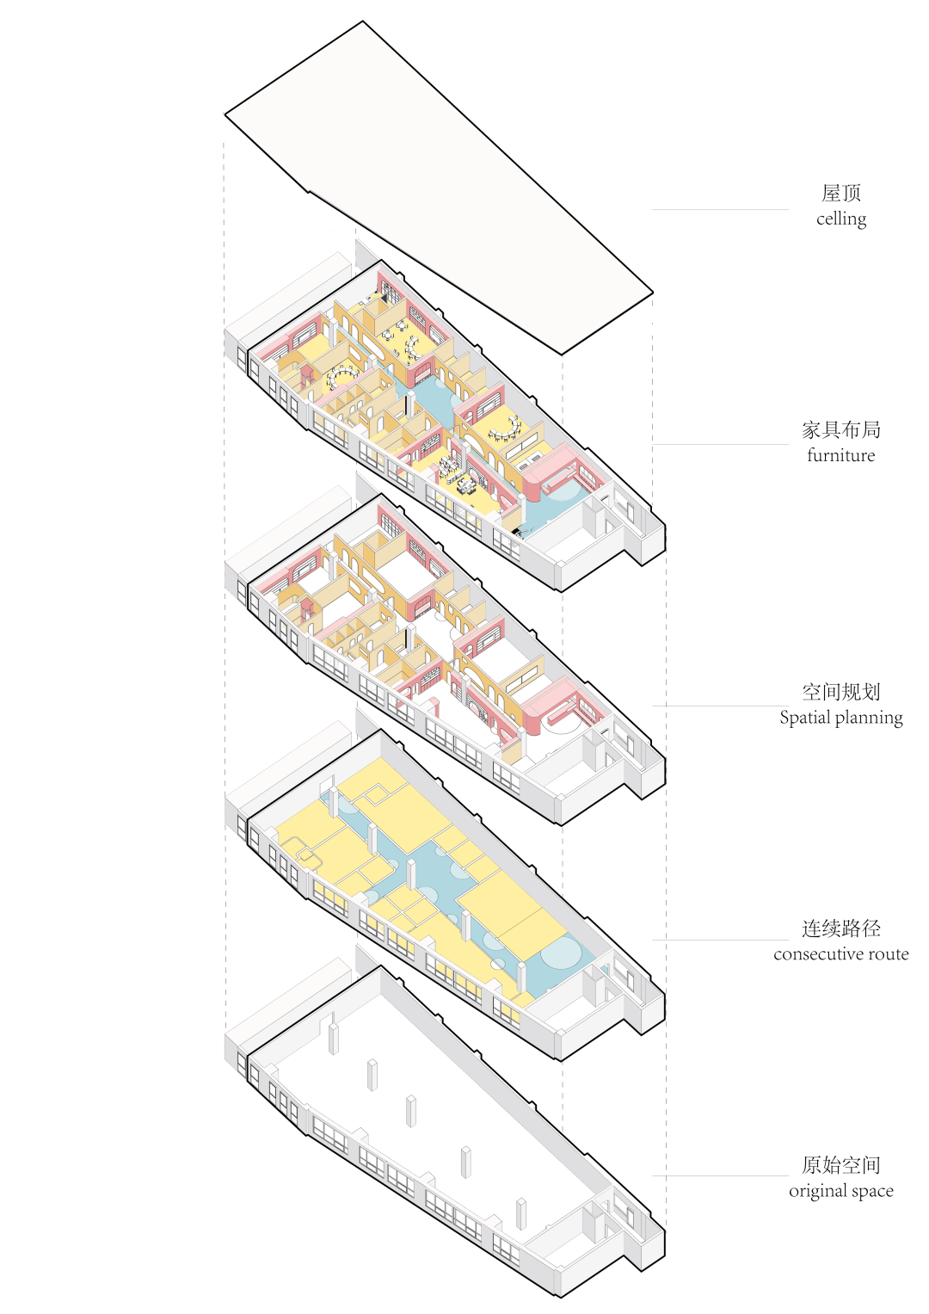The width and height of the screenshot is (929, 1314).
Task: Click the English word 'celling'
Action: (841, 219)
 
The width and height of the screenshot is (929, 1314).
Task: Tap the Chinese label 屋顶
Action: (841, 193)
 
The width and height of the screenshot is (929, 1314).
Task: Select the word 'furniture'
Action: (841, 455)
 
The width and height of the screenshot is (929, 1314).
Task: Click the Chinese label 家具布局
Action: (841, 429)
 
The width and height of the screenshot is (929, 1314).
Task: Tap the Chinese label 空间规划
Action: (841, 692)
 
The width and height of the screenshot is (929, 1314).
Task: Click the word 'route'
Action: (889, 954)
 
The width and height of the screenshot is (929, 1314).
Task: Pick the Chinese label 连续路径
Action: (841, 928)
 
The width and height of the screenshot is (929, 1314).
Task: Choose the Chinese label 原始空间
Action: (841, 1165)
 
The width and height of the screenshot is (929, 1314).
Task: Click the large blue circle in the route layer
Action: (561, 953)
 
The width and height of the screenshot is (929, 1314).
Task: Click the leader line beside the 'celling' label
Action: (721, 209)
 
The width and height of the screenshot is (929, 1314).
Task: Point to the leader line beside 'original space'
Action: (721, 1175)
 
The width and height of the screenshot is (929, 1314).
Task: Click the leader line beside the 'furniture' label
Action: (721, 444)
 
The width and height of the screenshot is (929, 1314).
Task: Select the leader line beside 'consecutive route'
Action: (721, 940)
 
